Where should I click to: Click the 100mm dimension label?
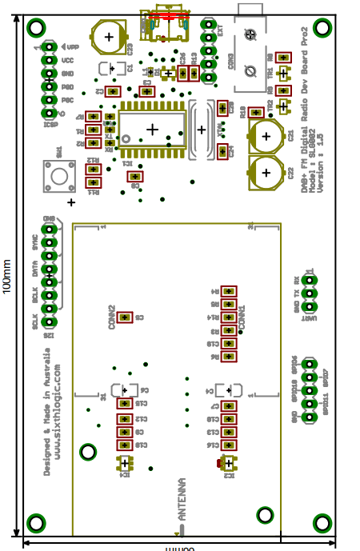coord(7,276)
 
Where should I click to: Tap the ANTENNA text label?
coord(182,500)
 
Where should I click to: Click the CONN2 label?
coord(112,317)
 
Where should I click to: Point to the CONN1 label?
coord(242,319)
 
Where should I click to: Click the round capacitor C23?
coord(109,37)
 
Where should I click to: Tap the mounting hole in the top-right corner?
coord(322,28)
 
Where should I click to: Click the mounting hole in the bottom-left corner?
coord(36,523)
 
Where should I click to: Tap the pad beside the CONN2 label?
coord(125,317)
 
